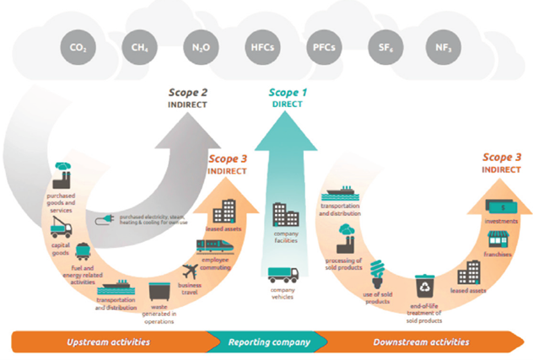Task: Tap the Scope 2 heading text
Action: point(187,92)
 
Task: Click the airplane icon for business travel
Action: point(192,274)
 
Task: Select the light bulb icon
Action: point(379,270)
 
